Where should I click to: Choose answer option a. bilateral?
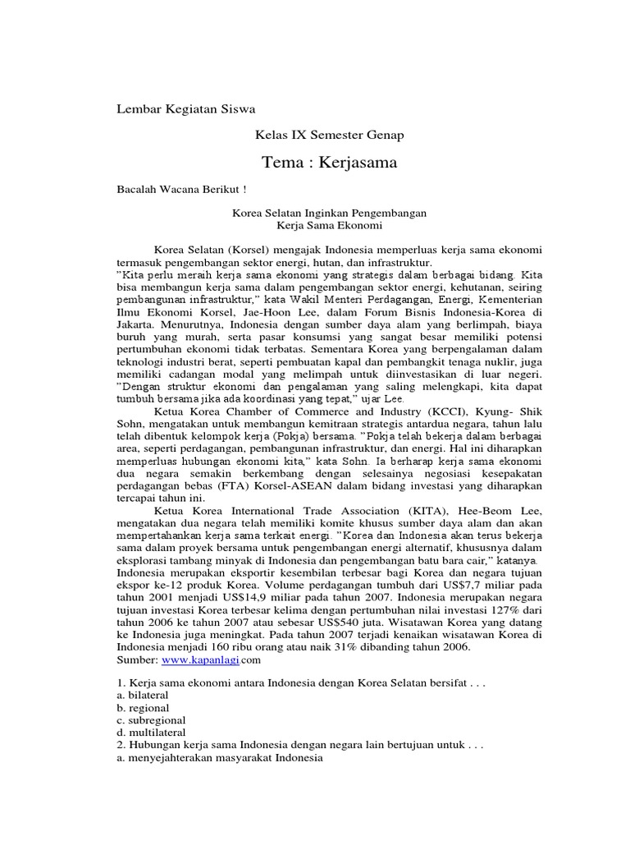[144, 695]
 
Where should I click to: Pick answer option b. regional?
[144, 707]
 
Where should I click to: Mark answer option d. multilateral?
[151, 732]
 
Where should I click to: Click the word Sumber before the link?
[138, 659]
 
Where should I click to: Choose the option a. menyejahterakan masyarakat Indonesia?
[221, 757]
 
